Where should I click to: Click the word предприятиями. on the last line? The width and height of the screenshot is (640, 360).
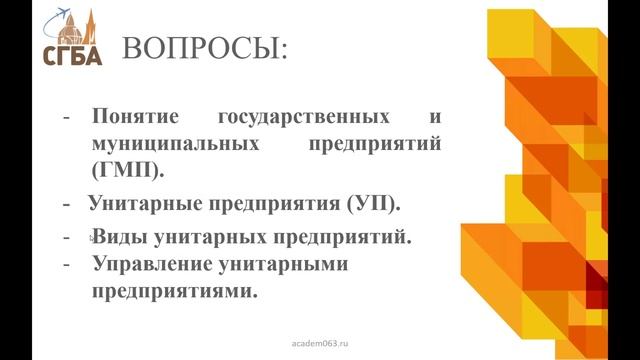click(174, 293)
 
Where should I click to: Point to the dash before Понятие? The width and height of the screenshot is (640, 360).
click(66, 118)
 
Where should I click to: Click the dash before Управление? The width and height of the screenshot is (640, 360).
click(66, 265)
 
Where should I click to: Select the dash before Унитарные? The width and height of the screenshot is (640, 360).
click(67, 204)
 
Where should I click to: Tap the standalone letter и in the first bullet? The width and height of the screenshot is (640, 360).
click(436, 118)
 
